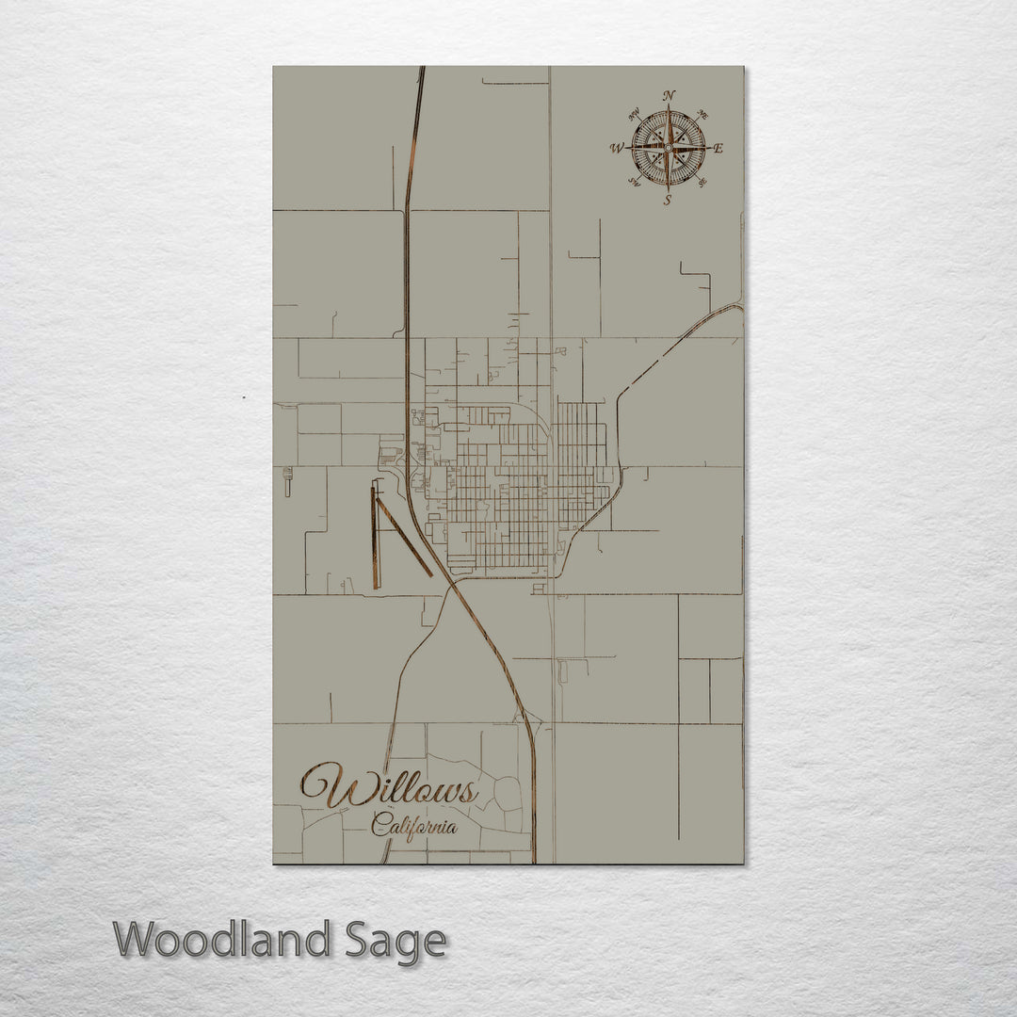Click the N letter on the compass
coord(669,95)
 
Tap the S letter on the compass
coord(668,200)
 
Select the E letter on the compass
coord(718,148)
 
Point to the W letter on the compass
coord(617,148)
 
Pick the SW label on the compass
coord(634,183)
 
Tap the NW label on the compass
coord(634,115)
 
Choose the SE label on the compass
coord(703,183)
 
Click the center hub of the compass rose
coord(668,148)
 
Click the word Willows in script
coord(389,787)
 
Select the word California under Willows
coord(414,828)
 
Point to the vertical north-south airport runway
coord(375,537)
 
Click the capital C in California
coord(379,826)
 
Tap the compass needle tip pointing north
coord(669,106)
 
